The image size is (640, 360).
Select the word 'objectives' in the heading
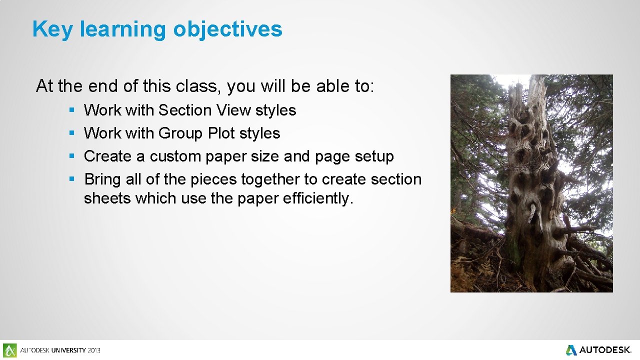(x=227, y=29)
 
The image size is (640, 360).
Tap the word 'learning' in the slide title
(x=122, y=29)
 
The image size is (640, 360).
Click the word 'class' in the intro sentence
(x=199, y=86)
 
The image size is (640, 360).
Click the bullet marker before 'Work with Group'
(x=72, y=133)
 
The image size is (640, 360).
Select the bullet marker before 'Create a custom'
(x=72, y=156)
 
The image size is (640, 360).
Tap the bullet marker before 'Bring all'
(x=72, y=179)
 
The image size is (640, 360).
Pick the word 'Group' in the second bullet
(x=181, y=133)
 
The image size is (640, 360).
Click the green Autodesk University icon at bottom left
(x=9, y=350)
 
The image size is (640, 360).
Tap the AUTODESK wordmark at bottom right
(x=605, y=350)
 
